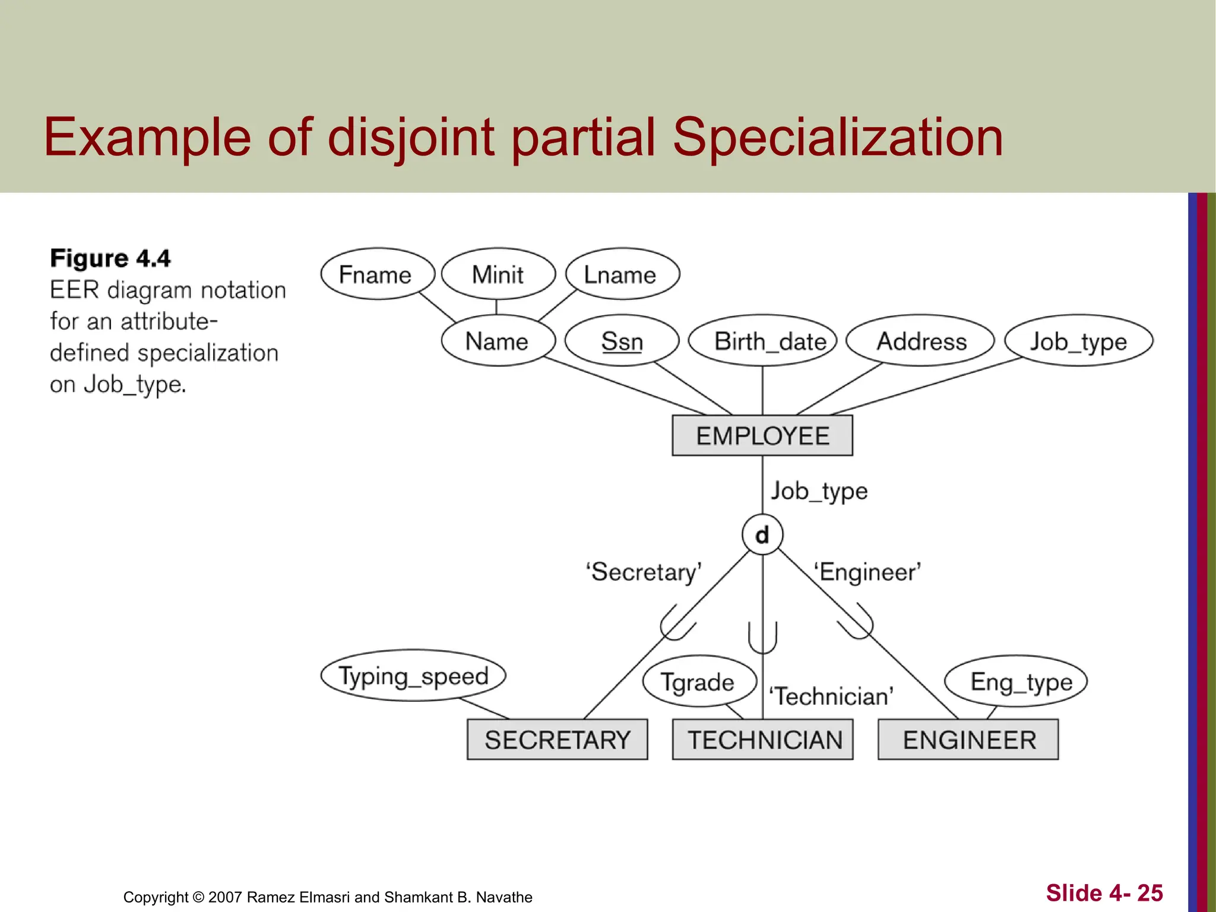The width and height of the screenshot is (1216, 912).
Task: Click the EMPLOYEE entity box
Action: tap(762, 436)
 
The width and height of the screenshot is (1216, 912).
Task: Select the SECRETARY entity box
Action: tap(557, 740)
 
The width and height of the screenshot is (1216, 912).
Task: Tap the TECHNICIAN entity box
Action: tap(763, 740)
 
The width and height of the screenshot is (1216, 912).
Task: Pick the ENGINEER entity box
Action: tap(968, 740)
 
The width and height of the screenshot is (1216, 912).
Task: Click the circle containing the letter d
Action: tap(762, 534)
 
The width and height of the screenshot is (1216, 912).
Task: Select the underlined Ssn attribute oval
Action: tap(622, 341)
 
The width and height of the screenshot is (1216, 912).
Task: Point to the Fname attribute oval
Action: tap(377, 274)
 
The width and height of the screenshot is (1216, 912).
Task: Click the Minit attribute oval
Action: tap(498, 274)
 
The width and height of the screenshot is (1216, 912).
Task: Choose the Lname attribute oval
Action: tap(622, 274)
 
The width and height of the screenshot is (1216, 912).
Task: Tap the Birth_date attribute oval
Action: tap(763, 341)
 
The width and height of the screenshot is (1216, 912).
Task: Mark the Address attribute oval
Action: tap(920, 341)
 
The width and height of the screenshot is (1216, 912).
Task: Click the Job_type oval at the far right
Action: tap(1078, 341)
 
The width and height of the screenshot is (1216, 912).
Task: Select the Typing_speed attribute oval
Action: tap(413, 676)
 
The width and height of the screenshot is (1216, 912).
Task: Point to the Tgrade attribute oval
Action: tap(699, 682)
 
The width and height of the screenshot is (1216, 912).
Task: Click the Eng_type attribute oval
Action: tap(1016, 682)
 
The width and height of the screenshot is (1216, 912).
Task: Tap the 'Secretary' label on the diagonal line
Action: tap(644, 572)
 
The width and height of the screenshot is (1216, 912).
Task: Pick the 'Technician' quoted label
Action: tap(831, 696)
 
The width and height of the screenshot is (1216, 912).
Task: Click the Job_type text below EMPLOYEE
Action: tap(819, 492)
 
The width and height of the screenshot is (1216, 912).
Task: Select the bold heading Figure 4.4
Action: tap(110, 259)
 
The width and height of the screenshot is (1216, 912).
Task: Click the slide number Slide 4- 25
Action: tap(1104, 893)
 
